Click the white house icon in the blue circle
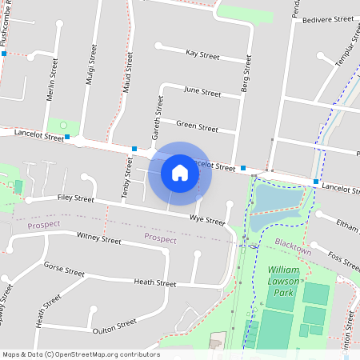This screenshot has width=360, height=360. pos(180,173)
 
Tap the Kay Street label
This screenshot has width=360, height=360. pos(202,55)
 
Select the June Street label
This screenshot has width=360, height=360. pos(202,92)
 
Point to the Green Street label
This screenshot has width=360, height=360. pos(197,127)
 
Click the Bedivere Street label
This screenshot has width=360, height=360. pos(323,18)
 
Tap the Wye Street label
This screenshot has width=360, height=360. pos(207,219)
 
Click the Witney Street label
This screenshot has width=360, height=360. pos(99,238)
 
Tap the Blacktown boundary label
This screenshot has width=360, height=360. pos(292,250)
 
